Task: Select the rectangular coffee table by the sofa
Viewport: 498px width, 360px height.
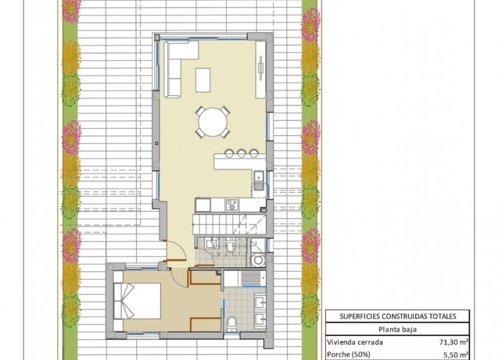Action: (203, 80)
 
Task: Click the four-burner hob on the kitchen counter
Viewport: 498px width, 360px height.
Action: (231, 205)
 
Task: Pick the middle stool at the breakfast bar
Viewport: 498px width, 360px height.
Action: (241, 154)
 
